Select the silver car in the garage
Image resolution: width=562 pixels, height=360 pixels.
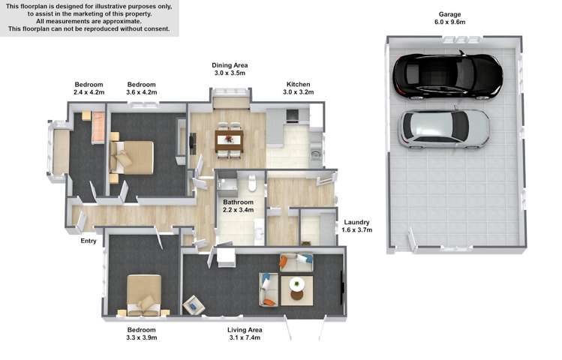pos(444,128)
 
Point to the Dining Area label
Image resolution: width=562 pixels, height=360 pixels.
pos(230,66)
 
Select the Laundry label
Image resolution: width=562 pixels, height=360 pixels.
pos(356,223)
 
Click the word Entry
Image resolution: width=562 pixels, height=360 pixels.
pos(90,241)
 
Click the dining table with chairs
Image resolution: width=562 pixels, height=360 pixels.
pos(229,140)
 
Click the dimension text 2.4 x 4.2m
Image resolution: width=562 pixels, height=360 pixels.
pos(89,93)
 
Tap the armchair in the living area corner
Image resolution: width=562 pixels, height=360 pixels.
pos(193,304)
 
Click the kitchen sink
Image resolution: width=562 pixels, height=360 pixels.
pos(316,156)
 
